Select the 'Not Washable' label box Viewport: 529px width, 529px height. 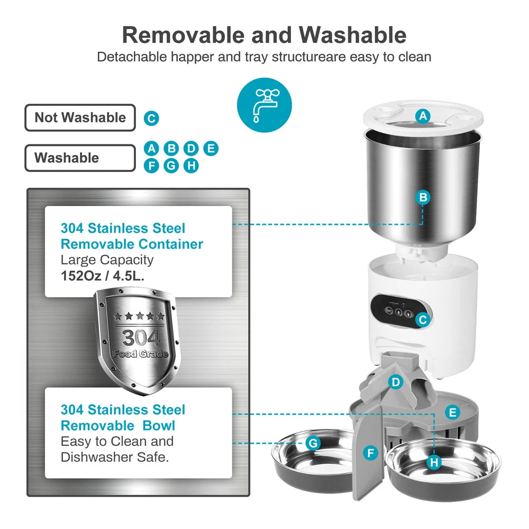[x=80, y=117]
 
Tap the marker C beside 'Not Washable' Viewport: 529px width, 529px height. [x=151, y=118]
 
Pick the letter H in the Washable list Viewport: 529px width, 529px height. [x=191, y=166]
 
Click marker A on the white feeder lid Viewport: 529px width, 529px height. [x=422, y=116]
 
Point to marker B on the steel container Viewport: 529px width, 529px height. [x=423, y=197]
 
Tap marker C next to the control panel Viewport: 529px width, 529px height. [x=422, y=320]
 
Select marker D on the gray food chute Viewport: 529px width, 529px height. [x=395, y=382]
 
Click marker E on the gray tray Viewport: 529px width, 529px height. [x=452, y=412]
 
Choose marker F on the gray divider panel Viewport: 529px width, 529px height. [x=371, y=453]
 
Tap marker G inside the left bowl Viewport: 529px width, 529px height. [x=313, y=443]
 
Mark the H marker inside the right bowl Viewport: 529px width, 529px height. [x=434, y=462]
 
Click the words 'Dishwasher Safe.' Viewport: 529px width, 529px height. [x=115, y=457]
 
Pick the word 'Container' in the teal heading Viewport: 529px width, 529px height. [x=170, y=244]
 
